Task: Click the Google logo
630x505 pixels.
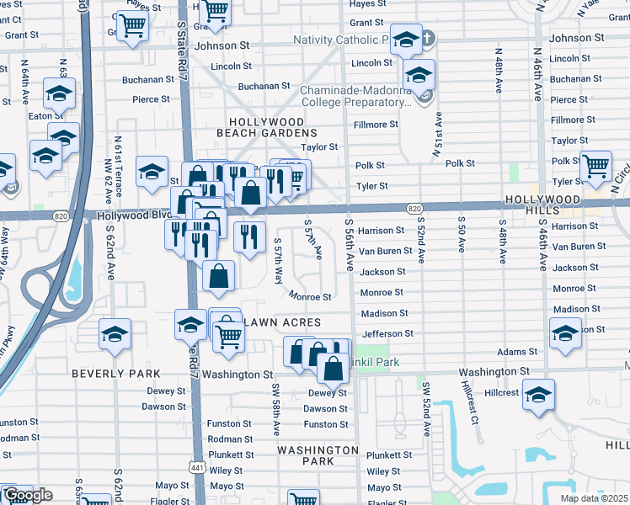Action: [x=28, y=495]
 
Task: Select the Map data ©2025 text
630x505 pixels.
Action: [x=595, y=498]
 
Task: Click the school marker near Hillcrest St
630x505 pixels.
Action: [x=537, y=394]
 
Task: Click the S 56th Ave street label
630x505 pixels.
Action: [x=349, y=244]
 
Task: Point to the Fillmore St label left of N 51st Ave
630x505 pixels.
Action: [x=376, y=125]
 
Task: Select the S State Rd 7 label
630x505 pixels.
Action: [x=180, y=50]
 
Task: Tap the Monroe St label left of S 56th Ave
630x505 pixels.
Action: [x=311, y=297]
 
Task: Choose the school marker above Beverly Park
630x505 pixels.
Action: [x=115, y=334]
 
